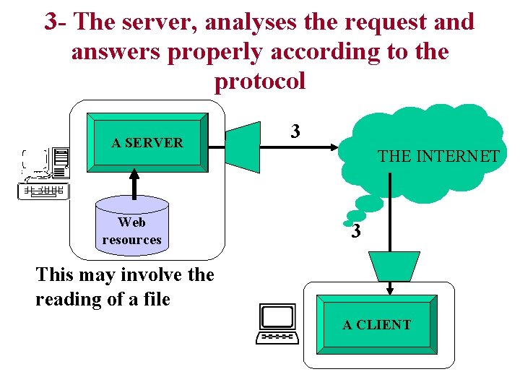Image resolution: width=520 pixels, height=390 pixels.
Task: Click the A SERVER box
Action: [x=147, y=142]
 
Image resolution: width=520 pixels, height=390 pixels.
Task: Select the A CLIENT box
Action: [x=376, y=325]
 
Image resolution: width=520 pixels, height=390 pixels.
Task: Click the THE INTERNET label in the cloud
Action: [x=438, y=156]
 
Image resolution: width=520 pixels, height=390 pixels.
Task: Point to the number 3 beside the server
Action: [x=295, y=131]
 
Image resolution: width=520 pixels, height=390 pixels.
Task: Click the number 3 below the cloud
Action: [x=355, y=232]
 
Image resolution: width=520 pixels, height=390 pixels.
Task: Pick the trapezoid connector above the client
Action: [x=393, y=265]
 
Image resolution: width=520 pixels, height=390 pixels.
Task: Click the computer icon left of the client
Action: [x=277, y=324]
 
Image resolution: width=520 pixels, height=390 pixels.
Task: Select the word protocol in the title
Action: [x=260, y=81]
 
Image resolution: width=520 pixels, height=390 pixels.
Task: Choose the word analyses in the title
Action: [x=251, y=22]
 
